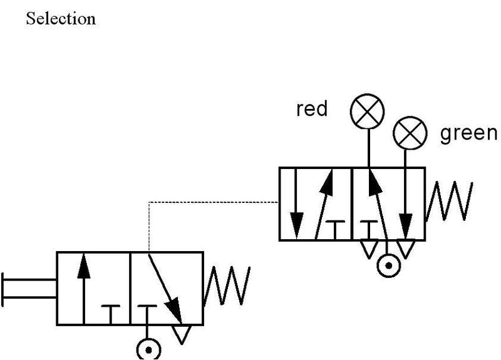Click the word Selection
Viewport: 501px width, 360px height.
[x=61, y=19]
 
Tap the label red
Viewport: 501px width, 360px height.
[x=312, y=110]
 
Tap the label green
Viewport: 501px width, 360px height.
[x=469, y=133]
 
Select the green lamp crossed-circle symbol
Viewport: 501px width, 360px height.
[x=410, y=133]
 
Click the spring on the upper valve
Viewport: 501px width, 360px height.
[x=447, y=202]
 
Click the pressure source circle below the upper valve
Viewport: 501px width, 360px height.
[x=389, y=266]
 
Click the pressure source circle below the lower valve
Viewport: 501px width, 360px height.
[x=148, y=349]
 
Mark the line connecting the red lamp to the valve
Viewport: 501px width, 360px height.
[x=368, y=147]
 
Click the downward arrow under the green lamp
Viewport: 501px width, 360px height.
[x=406, y=200]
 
